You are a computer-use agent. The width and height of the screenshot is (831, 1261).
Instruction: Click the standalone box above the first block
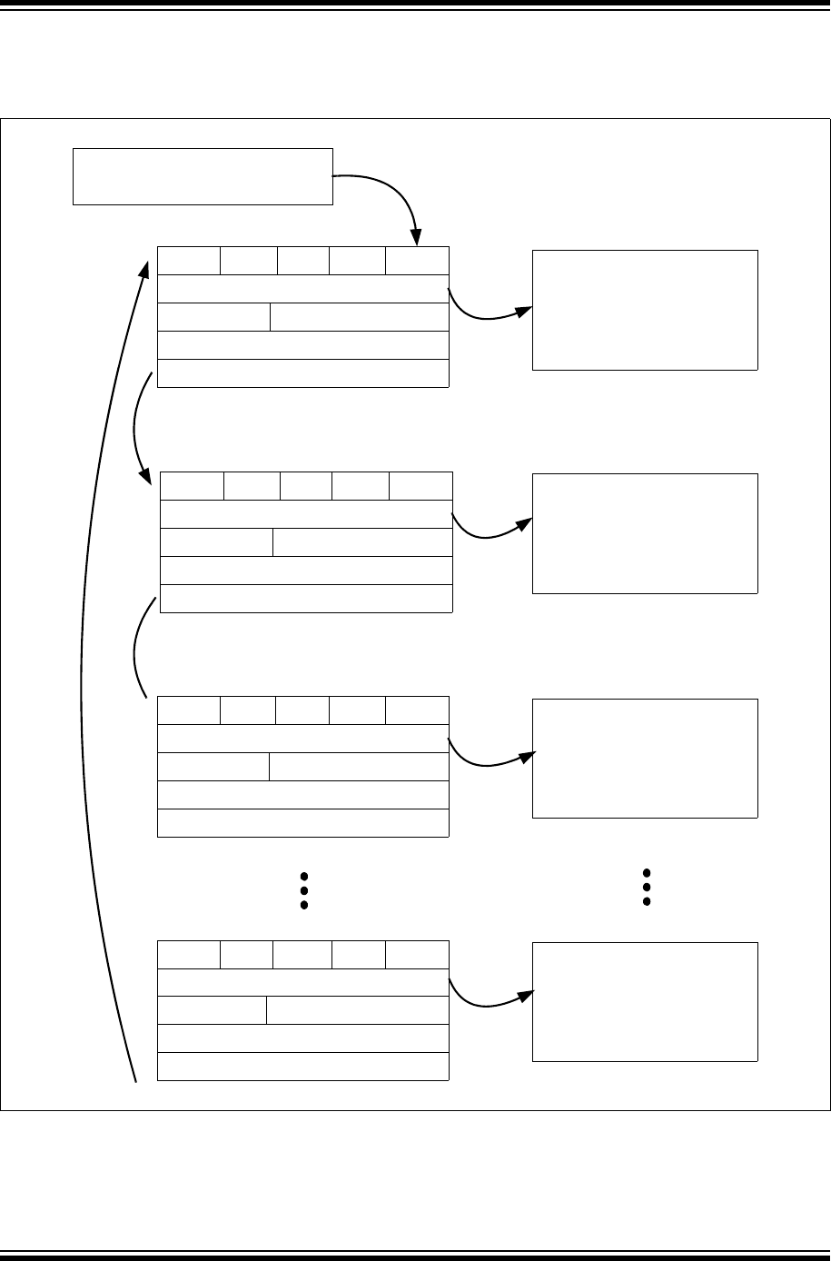pos(203,176)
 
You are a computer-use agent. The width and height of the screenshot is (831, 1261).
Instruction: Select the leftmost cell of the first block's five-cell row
pos(189,261)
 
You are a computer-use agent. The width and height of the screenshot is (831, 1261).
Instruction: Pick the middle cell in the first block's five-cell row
pos(303,261)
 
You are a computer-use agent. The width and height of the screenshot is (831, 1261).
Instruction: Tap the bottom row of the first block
pos(303,373)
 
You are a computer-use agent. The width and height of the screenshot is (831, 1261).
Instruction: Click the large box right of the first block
pos(645,310)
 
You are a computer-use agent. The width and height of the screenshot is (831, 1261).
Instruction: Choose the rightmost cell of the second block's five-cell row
pos(420,486)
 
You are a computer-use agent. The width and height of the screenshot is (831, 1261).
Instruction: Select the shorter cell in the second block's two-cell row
pos(216,542)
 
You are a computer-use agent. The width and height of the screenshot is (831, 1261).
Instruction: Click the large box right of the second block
pos(645,533)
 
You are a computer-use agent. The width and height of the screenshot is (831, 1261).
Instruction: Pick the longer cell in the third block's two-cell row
pos(359,767)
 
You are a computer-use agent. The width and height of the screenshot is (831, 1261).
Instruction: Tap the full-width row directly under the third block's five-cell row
pos(303,739)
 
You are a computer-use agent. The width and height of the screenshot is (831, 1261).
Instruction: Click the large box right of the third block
pos(645,759)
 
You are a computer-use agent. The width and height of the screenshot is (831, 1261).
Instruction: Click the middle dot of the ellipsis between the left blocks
pos(304,891)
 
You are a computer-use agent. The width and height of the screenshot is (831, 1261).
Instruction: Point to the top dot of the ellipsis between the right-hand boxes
pos(647,872)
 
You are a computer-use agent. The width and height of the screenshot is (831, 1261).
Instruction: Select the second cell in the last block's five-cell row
pos(246,955)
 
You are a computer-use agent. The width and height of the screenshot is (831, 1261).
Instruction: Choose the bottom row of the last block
pos(303,1067)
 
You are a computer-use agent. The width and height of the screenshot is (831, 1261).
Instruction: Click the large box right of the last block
pos(645,1001)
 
